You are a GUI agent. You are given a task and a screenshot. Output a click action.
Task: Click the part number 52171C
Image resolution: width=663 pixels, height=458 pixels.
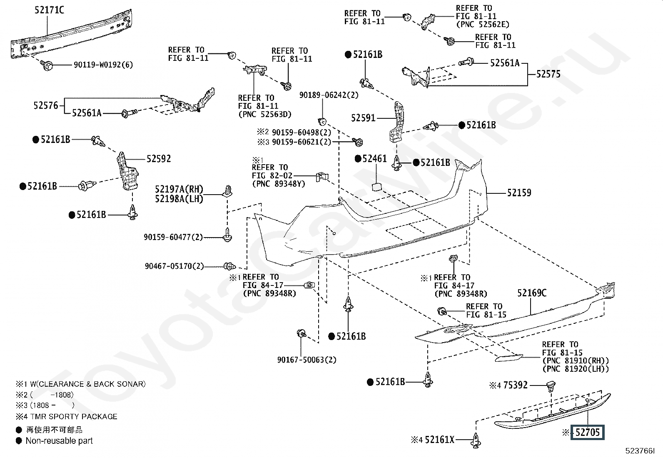(49, 10)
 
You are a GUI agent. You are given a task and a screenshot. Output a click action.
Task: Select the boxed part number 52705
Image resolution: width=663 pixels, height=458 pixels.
(588, 433)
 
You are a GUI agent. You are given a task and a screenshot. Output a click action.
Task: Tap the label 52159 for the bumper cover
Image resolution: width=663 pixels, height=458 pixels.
(519, 193)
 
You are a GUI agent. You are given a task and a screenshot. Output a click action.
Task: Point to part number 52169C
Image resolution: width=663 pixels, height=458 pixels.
(532, 293)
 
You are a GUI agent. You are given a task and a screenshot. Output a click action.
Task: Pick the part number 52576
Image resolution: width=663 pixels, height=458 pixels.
(45, 105)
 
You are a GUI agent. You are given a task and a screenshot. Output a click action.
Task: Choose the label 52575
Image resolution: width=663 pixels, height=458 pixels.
(548, 74)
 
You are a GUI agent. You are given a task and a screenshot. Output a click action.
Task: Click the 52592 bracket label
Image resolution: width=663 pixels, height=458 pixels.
(159, 159)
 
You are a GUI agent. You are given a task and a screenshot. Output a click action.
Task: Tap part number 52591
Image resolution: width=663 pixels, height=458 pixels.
(363, 118)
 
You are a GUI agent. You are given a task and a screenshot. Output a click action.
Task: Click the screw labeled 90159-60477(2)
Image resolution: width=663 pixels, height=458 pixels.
(227, 235)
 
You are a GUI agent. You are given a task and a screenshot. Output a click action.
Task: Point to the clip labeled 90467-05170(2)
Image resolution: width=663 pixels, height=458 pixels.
(230, 266)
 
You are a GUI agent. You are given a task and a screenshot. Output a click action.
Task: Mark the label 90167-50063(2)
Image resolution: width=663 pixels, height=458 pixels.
(307, 360)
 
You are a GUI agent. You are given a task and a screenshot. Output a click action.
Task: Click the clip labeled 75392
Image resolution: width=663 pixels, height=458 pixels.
(551, 386)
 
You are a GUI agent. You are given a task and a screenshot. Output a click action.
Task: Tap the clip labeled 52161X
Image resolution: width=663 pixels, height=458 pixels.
(476, 440)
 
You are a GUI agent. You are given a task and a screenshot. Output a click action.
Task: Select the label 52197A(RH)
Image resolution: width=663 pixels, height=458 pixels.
(179, 189)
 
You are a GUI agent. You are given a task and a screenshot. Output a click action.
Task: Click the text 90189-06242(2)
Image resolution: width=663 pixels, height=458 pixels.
(329, 95)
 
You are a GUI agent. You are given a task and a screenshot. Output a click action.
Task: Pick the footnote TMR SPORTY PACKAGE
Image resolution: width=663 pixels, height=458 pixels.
(74, 416)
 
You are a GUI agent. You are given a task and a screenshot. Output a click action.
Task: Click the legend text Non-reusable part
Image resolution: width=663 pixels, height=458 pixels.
(59, 441)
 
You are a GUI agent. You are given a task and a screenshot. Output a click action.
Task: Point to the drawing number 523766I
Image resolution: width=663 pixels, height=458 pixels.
(640, 450)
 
